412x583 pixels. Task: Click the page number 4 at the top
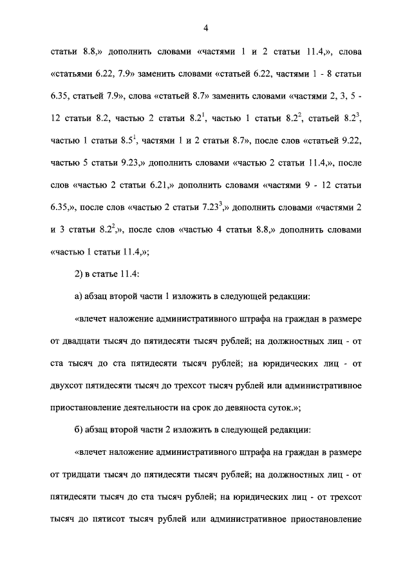coord(206,28)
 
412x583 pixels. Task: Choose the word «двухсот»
coord(69,386)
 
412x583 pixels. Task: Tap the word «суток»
coord(280,408)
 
